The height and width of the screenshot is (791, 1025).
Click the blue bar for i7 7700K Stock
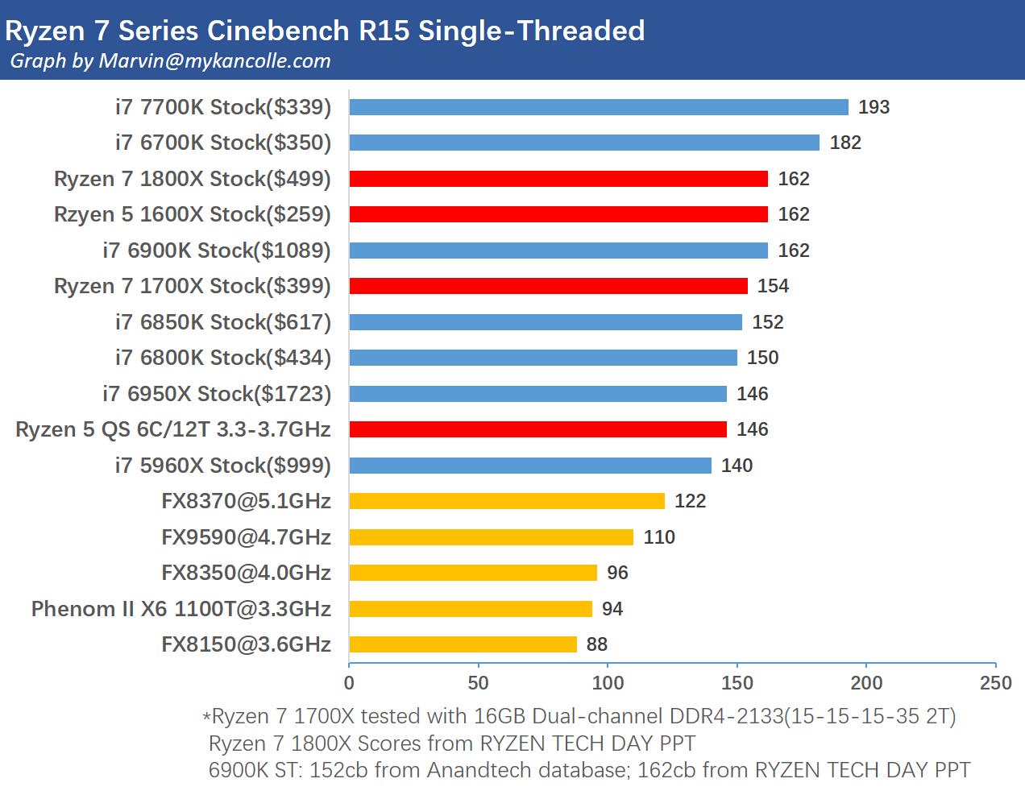[599, 107]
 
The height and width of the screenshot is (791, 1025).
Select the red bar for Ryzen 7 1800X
[558, 179]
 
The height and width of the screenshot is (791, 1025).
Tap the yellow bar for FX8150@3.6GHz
[463, 644]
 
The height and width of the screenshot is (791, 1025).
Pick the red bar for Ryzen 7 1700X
[548, 286]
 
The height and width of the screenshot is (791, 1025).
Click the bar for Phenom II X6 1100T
[471, 609]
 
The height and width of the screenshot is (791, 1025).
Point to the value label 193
[874, 107]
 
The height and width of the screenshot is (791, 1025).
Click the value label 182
[845, 143]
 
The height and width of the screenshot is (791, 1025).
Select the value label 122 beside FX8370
[690, 501]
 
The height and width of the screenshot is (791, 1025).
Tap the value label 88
[596, 644]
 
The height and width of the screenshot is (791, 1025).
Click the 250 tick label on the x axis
[996, 683]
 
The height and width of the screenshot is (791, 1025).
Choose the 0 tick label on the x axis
[349, 683]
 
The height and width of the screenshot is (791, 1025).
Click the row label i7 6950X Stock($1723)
[217, 394]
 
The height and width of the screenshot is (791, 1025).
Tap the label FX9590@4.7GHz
[247, 537]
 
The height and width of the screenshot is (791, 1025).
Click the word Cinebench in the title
[278, 31]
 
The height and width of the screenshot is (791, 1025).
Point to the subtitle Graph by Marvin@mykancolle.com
[170, 60]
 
